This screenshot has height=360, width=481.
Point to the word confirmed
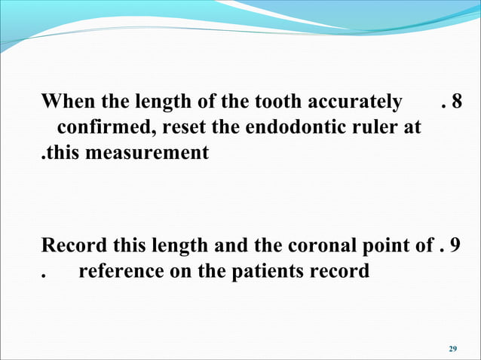pyautogui.click(x=104, y=127)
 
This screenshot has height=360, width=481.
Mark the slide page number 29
pyautogui.click(x=452, y=348)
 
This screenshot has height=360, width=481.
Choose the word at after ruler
pyautogui.click(x=412, y=127)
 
